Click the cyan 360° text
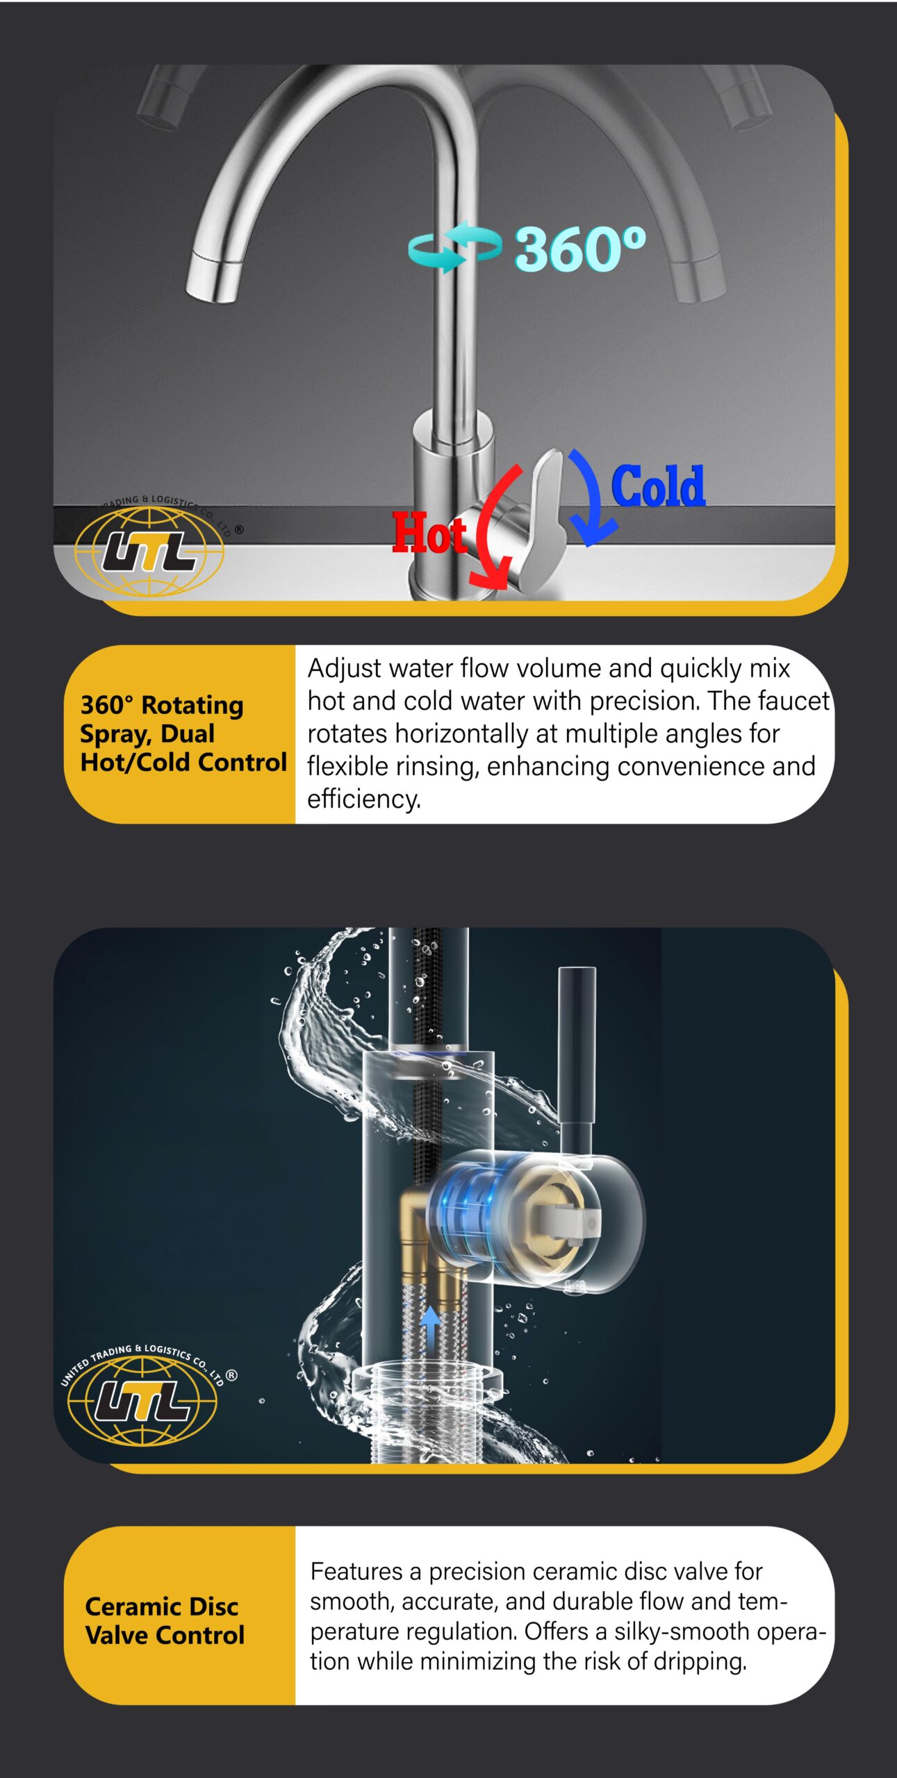point(580,249)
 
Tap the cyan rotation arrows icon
point(455,247)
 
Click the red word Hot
point(429,533)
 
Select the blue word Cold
point(658,485)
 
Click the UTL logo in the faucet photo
point(149,549)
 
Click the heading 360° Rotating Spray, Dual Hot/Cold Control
point(183,733)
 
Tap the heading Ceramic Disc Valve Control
point(165,1621)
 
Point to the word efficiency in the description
point(364,799)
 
